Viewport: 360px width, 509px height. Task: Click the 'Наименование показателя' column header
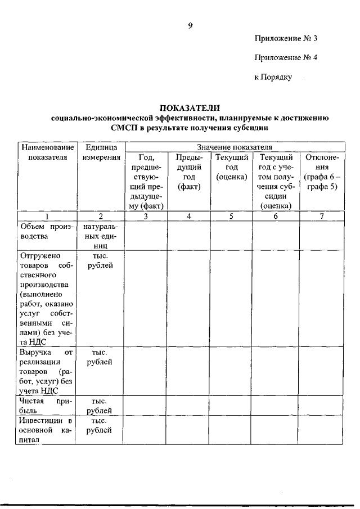(x=47, y=152)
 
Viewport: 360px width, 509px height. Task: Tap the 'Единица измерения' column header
(x=101, y=152)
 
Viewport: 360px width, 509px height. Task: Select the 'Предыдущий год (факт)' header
(x=189, y=172)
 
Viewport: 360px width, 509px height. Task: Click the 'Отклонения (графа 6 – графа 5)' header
(x=321, y=172)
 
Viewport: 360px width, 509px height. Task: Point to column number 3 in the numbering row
(x=145, y=216)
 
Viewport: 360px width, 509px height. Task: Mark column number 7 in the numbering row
(x=321, y=216)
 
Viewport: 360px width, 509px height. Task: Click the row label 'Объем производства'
(x=47, y=231)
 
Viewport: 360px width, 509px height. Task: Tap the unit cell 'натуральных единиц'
(x=101, y=236)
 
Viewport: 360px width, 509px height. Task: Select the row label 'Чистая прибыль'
(x=47, y=406)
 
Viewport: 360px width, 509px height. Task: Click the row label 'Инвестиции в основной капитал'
(x=47, y=430)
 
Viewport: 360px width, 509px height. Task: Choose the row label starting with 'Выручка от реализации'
(x=47, y=371)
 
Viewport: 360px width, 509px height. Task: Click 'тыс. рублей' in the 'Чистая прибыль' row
(x=101, y=406)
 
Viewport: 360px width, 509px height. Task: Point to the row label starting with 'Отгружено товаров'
(x=47, y=298)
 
